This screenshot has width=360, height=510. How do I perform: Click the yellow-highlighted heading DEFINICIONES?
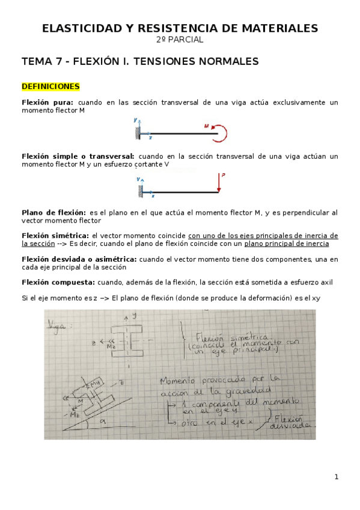(50, 87)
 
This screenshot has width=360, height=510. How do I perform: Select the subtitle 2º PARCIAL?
(180, 40)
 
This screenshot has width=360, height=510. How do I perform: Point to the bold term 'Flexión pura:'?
(47, 103)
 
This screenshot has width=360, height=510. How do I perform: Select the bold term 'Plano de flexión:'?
(53, 212)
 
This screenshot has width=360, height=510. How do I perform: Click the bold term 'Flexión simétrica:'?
(55, 235)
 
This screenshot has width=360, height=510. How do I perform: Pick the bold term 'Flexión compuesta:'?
(58, 281)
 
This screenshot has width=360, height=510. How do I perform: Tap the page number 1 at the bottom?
(337, 477)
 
